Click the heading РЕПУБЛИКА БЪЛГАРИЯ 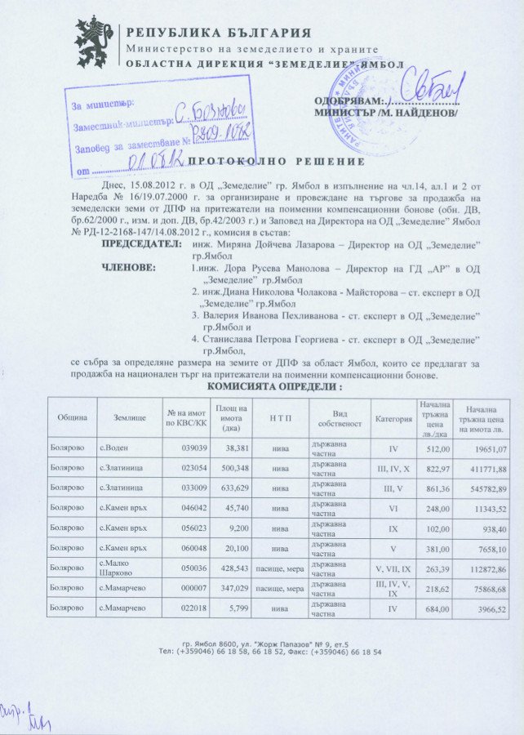(x=218, y=33)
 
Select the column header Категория (x=393, y=417)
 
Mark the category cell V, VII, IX (x=393, y=568)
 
